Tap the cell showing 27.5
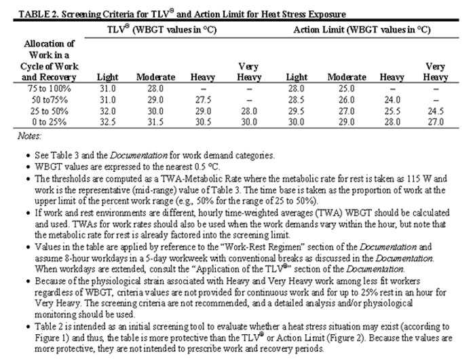203,101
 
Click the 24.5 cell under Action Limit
434,111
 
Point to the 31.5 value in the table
156,122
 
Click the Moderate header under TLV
156,78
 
